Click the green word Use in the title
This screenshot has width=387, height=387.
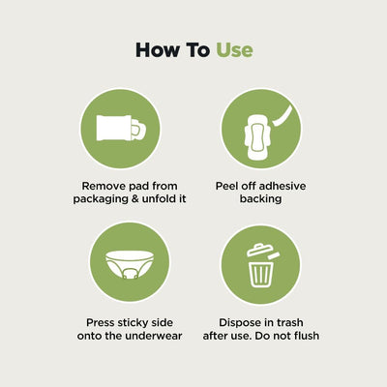[234, 50]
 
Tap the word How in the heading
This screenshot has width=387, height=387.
[157, 50]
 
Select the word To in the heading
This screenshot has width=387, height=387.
[197, 50]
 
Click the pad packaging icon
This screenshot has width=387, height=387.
[121, 128]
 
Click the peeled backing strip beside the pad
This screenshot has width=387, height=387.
[283, 116]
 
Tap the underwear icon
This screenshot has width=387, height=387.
[130, 265]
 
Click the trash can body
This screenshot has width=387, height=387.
[261, 274]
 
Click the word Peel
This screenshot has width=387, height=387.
[224, 186]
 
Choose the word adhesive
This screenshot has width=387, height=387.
[283, 186]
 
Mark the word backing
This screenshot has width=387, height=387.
[260, 199]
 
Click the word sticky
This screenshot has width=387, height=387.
[134, 323]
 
